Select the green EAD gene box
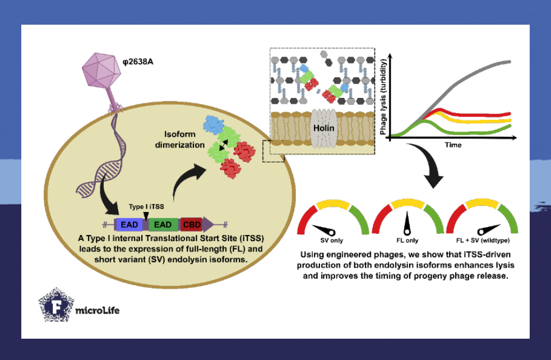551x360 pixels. pyautogui.click(x=163, y=224)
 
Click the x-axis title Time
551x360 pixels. pyautogui.click(x=453, y=145)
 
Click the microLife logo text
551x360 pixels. pyautogui.click(x=98, y=310)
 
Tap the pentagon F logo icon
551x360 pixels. pyautogui.click(x=56, y=306)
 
